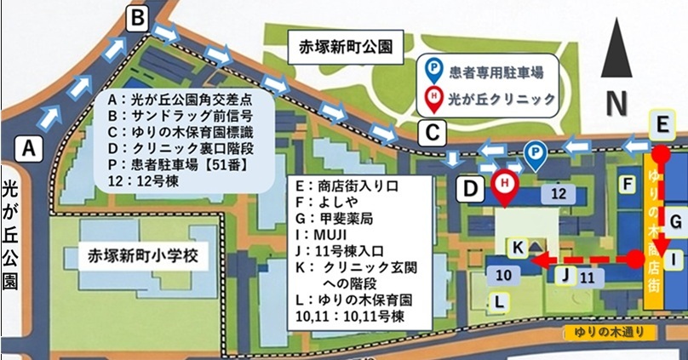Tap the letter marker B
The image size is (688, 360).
(x=140, y=18)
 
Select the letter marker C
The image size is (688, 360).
(x=433, y=133)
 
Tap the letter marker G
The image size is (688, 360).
(x=674, y=221)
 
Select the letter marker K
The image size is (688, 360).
(x=517, y=247)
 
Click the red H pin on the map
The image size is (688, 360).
(x=506, y=185)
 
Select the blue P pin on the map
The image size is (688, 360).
(x=534, y=155)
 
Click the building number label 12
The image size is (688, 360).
(x=559, y=194)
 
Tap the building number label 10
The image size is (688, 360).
(x=502, y=274)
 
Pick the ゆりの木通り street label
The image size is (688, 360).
(x=607, y=333)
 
